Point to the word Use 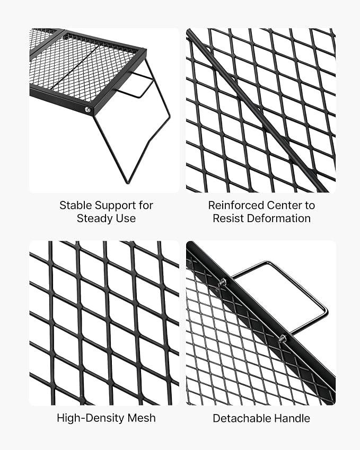click(126, 218)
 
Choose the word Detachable click(241, 418)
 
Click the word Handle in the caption click(292, 418)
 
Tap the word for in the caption click(146, 205)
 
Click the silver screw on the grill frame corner click(87, 109)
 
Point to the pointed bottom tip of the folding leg click(127, 182)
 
